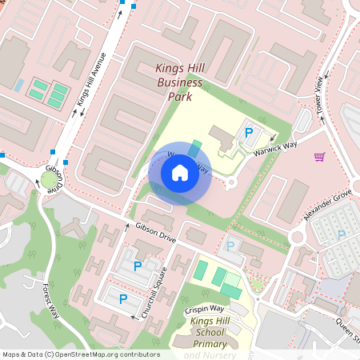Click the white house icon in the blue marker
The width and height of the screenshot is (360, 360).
click(179, 172)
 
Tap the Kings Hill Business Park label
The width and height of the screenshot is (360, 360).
click(179, 83)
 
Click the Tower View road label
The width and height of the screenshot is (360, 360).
click(321, 94)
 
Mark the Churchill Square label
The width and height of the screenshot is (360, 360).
click(158, 291)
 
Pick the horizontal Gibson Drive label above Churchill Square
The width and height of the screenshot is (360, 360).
click(154, 233)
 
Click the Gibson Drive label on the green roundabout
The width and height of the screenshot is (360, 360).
click(54, 177)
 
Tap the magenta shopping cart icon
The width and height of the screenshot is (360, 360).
click(320, 156)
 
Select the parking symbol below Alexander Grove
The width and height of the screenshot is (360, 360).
click(342, 234)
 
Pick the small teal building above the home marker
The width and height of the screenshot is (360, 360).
click(196, 148)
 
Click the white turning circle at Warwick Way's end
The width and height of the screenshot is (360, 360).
click(231, 183)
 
